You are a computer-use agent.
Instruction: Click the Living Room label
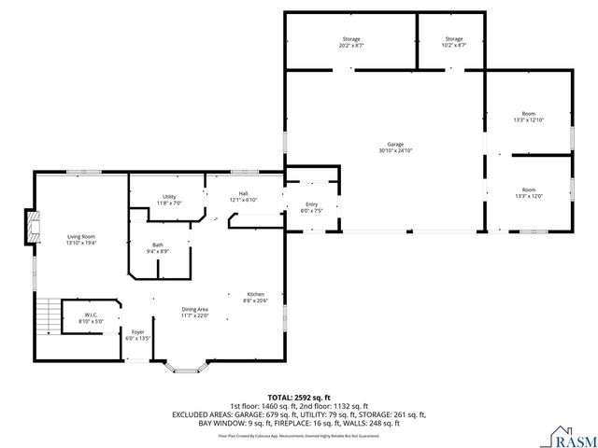point(81,239)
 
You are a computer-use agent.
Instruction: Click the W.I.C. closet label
point(91,317)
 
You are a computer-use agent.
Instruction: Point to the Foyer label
point(137,334)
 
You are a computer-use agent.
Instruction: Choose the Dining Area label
point(194,312)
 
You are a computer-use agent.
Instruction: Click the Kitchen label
point(256,296)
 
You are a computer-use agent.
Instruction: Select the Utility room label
point(169,199)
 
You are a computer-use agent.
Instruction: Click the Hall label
point(243,196)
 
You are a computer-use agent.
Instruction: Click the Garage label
point(396,147)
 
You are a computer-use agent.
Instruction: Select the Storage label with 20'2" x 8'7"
point(350,41)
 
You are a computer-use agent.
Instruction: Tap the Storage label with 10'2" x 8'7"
point(453,41)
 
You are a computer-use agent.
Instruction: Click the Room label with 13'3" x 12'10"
point(529,116)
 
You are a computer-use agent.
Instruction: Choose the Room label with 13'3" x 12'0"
point(529,192)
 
